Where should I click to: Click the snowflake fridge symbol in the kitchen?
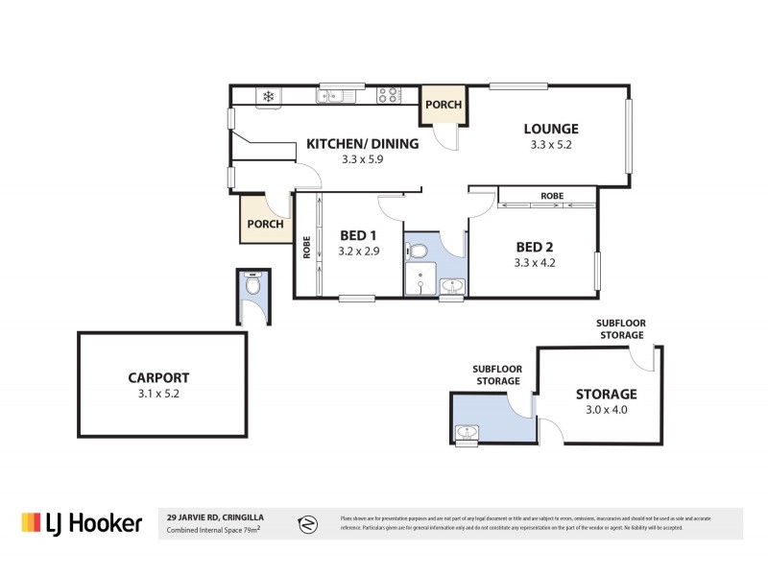pyautogui.click(x=268, y=96)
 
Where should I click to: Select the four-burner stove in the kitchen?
pyautogui.click(x=389, y=95)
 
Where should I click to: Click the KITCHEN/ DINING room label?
pyautogui.click(x=362, y=144)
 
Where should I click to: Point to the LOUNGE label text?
pyautogui.click(x=550, y=129)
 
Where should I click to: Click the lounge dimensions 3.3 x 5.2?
pyautogui.click(x=550, y=145)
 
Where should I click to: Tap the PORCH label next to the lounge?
pyautogui.click(x=444, y=105)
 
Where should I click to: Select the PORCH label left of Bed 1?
pyautogui.click(x=265, y=224)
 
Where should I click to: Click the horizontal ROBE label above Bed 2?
pyautogui.click(x=551, y=196)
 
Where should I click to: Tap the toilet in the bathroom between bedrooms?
pyautogui.click(x=418, y=252)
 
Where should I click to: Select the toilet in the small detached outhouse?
pyautogui.click(x=252, y=285)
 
